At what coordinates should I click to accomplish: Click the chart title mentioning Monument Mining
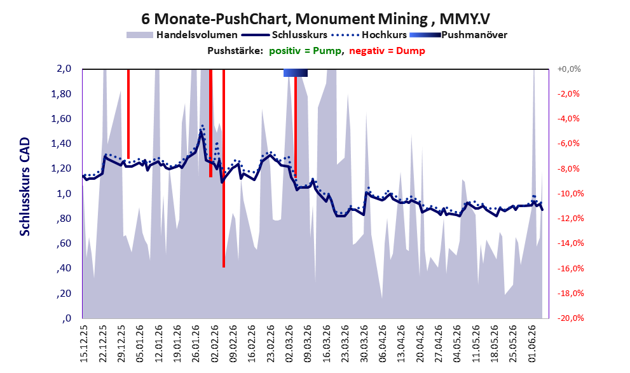pos(315,18)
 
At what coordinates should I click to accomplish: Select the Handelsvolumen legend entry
pos(182,35)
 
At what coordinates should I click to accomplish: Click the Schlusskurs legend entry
pos(284,35)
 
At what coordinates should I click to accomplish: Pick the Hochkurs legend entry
pos(369,35)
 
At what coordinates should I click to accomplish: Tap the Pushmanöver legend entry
pos(458,35)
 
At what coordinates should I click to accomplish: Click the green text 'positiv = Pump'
pos(305,51)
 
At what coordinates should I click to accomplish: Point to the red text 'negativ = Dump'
pos(387,51)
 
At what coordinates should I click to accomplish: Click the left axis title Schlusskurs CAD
pos(25,187)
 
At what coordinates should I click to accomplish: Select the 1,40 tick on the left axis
pos(61,144)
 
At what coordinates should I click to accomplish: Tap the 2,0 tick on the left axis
pos(64,69)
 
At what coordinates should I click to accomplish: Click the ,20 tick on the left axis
pos(64,294)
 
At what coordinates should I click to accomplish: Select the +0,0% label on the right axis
pos(569,69)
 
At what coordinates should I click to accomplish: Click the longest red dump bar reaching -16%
pos(224,168)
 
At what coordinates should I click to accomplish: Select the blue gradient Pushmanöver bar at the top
pos(296,72)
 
